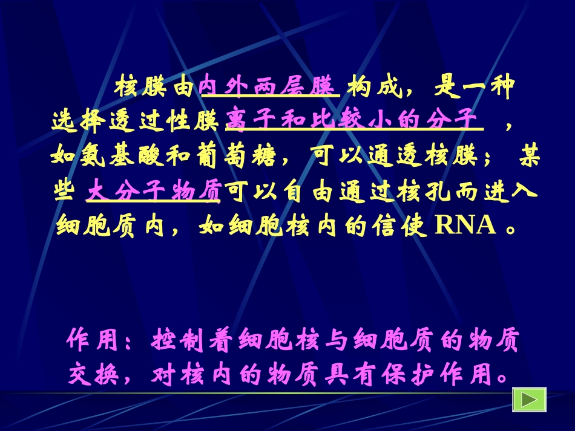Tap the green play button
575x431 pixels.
click(529, 400)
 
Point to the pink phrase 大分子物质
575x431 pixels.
click(154, 191)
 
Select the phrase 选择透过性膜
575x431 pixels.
click(137, 122)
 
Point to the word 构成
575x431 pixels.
click(375, 88)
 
